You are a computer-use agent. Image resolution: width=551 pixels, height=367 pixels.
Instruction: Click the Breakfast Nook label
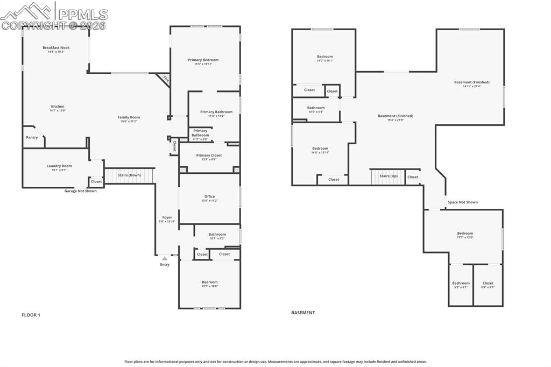56,48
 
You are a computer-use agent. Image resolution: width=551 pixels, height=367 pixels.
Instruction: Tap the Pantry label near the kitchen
32,137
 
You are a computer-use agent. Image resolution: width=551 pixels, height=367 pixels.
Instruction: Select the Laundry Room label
59,166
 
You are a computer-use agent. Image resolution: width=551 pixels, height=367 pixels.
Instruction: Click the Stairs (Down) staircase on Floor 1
129,175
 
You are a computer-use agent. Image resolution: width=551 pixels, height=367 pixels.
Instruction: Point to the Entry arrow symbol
165,259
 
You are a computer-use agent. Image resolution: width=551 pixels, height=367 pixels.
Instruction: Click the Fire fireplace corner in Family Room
165,80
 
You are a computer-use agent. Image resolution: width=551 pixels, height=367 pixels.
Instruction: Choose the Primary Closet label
209,156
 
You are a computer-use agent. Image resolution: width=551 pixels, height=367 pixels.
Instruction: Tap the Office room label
209,196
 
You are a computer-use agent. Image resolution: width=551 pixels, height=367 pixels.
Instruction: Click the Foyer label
167,217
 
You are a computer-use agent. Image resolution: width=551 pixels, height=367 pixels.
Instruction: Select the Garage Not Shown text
81,191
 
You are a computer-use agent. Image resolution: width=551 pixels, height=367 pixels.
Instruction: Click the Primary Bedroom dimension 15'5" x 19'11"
203,64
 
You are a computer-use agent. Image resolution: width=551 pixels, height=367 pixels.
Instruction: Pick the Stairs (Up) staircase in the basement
388,177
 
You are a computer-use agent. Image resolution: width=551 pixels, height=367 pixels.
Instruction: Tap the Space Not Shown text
462,202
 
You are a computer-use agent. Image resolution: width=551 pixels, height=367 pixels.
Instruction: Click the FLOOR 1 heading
31,315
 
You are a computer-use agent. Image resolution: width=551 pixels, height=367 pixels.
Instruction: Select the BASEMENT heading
303,313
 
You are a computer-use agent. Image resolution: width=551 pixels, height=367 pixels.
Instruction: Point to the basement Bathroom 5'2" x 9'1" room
461,285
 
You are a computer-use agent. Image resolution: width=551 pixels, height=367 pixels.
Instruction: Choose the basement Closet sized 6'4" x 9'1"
488,285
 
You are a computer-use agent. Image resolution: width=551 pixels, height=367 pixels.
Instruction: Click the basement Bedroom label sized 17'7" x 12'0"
465,234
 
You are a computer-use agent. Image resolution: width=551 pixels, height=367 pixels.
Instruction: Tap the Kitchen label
58,107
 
